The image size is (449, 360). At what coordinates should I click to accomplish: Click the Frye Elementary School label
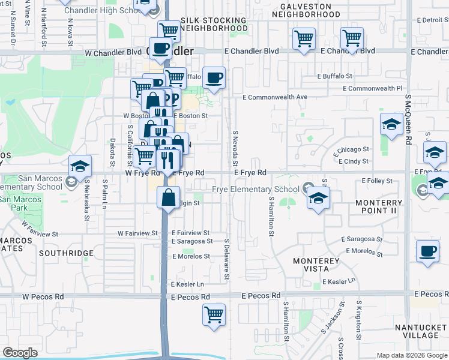[256, 190]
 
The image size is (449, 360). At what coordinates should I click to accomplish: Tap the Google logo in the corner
[20, 353]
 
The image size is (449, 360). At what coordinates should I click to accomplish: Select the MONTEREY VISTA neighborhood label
[316, 266]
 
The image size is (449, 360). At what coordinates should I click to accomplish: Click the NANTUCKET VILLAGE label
[421, 331]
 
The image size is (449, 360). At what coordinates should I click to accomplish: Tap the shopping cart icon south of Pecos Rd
[214, 314]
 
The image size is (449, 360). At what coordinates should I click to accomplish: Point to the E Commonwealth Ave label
[275, 97]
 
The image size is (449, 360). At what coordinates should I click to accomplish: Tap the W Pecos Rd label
[43, 296]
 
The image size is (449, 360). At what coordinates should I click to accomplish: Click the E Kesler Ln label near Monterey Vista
[339, 281]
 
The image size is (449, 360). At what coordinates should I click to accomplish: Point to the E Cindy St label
[354, 161]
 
